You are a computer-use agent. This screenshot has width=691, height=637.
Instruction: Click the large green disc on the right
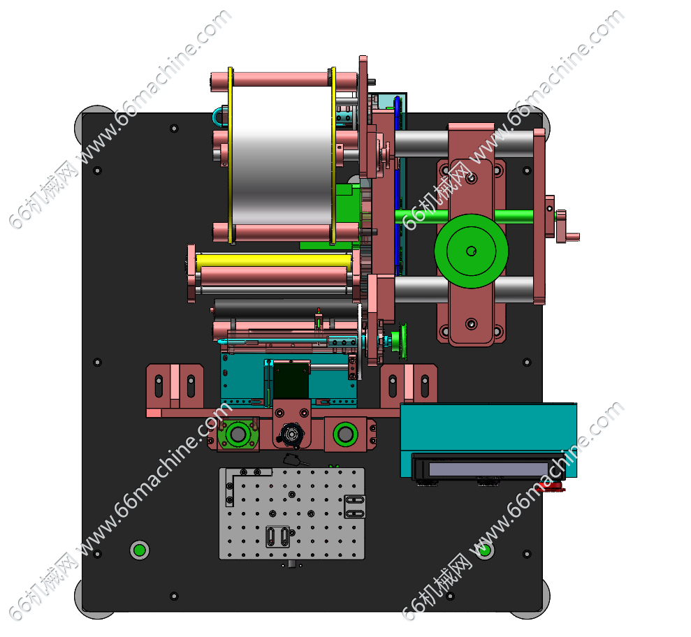471,251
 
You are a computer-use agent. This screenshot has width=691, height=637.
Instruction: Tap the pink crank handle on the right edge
567,227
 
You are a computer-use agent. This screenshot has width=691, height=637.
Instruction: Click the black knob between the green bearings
291,435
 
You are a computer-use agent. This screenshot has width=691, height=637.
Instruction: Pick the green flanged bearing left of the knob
238,434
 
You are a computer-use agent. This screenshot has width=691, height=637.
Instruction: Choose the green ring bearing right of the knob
345,434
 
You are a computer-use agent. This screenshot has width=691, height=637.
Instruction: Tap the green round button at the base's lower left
139,550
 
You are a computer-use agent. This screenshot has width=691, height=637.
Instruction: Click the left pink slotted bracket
175,386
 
